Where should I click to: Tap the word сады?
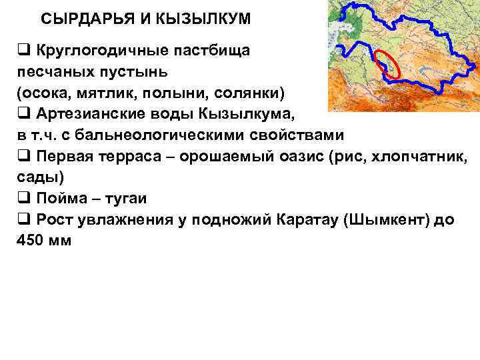pyautogui.click(x=36, y=177)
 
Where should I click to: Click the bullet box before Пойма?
pyautogui.click(x=23, y=199)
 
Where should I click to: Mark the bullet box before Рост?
pyautogui.click(x=23, y=220)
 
